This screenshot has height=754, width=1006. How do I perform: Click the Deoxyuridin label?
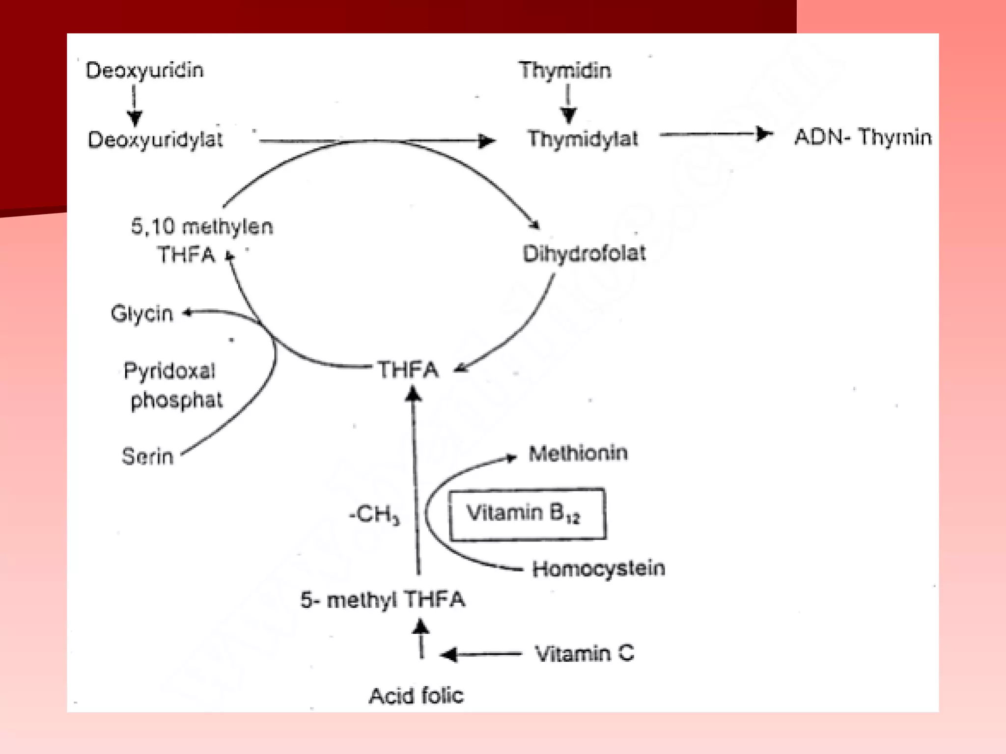tap(144, 70)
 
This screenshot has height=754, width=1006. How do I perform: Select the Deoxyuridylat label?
tap(155, 139)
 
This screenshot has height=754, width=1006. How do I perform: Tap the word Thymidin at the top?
tap(565, 71)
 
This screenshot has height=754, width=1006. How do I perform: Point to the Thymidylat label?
tap(583, 138)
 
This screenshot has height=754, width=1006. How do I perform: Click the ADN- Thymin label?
tap(863, 136)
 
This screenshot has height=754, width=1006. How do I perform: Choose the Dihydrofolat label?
tap(584, 253)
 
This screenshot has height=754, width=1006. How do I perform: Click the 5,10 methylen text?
tap(202, 227)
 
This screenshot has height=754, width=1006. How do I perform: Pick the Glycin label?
tap(142, 314)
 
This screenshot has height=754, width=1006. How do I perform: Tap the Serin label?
tap(147, 456)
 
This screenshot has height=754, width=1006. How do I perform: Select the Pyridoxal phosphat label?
tap(173, 385)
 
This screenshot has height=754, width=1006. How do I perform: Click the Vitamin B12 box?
tap(528, 514)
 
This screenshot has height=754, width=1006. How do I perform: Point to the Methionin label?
tap(578, 453)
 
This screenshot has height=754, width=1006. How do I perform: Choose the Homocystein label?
tap(599, 569)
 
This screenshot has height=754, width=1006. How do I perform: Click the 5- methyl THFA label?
tap(383, 600)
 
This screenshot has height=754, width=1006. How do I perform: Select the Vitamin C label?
tap(585, 654)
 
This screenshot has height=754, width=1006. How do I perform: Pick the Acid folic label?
tap(416, 696)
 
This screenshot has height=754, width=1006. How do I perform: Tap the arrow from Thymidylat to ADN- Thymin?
tap(716, 134)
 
